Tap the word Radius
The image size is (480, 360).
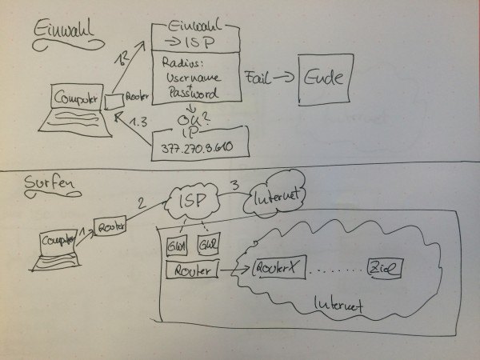183,62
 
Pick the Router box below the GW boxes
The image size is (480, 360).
190,271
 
